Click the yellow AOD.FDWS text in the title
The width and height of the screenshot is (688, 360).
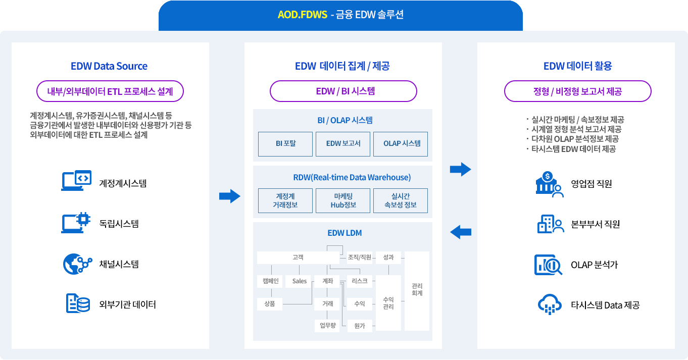[302, 15]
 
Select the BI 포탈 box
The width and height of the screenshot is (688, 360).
[285, 144]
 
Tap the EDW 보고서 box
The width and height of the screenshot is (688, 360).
[343, 144]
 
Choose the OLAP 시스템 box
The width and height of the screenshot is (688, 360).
[401, 144]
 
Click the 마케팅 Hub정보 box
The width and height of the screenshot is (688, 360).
[343, 200]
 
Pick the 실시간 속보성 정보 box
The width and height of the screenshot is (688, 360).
[401, 200]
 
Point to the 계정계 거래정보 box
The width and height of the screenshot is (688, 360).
[285, 200]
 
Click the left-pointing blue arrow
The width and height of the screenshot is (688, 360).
[460, 232]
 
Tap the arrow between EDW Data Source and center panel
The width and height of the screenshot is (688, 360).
[229, 196]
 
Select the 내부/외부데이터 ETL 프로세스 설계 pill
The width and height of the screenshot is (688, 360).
[110, 92]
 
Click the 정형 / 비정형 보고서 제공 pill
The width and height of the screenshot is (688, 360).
[577, 92]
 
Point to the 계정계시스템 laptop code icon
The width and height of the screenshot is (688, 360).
[76, 181]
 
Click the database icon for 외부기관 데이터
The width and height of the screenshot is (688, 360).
[77, 303]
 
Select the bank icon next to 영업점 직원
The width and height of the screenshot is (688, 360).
[549, 184]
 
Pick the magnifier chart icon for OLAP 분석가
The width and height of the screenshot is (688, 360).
[548, 265]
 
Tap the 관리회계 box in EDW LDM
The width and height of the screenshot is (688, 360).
[417, 290]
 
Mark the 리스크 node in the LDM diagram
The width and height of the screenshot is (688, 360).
[360, 281]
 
